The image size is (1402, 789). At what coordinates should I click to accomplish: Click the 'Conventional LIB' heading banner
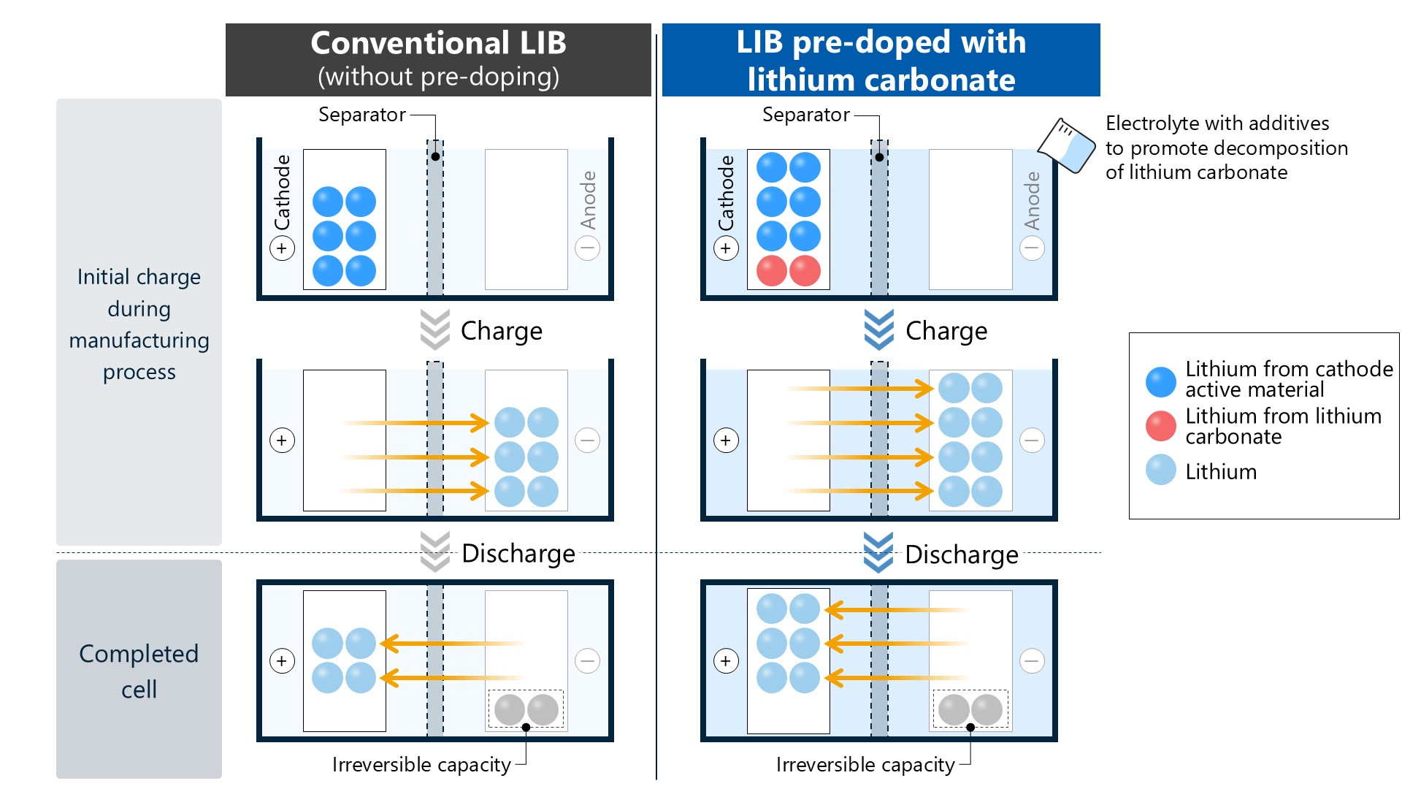click(x=438, y=60)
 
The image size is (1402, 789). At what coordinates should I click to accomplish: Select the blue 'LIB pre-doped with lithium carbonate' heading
click(x=881, y=60)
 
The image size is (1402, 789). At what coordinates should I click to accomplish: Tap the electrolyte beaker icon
click(x=1066, y=145)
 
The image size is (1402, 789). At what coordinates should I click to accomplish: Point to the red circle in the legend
click(x=1160, y=426)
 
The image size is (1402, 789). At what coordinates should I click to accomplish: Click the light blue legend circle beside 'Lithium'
click(x=1160, y=470)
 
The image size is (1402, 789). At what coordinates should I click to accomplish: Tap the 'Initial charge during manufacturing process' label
click(x=139, y=324)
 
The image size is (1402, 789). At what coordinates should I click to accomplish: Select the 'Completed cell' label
click(x=139, y=671)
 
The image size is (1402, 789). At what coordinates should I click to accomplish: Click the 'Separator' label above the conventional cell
click(x=361, y=115)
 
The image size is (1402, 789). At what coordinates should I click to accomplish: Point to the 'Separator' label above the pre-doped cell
click(x=805, y=115)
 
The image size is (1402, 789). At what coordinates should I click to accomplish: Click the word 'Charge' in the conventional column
click(x=502, y=331)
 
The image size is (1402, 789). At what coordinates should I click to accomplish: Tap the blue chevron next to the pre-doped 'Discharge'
click(x=878, y=552)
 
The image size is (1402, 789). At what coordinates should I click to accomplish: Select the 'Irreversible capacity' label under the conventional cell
click(x=421, y=764)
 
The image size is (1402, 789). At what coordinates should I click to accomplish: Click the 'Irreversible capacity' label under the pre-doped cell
click(x=865, y=764)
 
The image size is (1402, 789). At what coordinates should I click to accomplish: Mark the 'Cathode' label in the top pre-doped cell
click(x=726, y=193)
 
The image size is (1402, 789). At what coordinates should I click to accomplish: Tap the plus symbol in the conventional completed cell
click(x=282, y=661)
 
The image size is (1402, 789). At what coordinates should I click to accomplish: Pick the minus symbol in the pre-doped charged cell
click(x=1032, y=441)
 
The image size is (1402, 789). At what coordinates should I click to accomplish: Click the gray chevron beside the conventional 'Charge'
click(x=434, y=329)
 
